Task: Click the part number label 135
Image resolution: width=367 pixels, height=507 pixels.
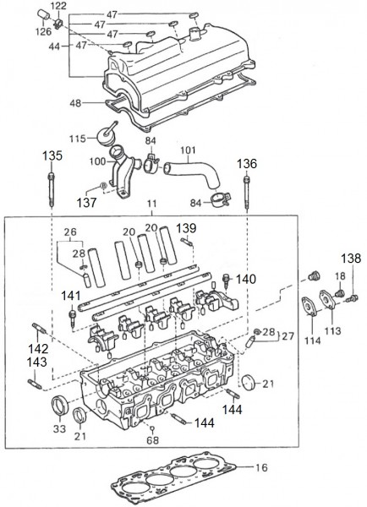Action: (x=52, y=155)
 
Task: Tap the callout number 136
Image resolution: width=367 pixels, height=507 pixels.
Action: (x=247, y=164)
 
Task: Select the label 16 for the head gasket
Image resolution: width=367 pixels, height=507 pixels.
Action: (x=261, y=467)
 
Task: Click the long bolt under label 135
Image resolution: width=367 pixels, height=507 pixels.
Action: (x=52, y=189)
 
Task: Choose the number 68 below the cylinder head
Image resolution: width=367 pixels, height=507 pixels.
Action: (x=153, y=440)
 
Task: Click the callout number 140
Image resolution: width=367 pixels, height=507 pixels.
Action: (x=246, y=279)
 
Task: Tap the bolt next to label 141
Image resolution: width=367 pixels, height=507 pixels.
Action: (x=73, y=318)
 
